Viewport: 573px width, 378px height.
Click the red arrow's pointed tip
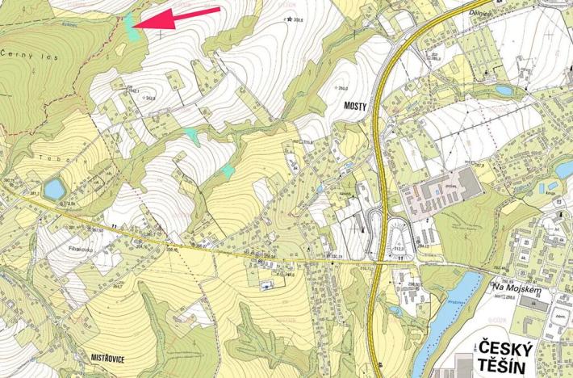click(x=134, y=27)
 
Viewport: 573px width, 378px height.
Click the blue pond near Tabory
click(x=54, y=189)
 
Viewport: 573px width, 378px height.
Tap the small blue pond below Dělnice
click(x=504, y=90)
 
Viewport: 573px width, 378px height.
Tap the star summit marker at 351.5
click(x=288, y=18)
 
